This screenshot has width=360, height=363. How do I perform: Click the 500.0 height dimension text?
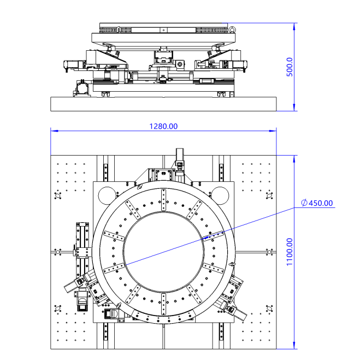point(290,67)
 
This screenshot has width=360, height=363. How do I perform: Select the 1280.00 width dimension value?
point(164,126)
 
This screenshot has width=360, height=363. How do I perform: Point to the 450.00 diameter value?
point(321,203)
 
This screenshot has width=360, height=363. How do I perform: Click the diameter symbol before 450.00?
point(304,203)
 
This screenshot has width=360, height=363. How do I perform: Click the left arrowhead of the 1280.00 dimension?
point(54,131)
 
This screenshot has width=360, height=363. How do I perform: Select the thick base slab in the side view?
point(164,104)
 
